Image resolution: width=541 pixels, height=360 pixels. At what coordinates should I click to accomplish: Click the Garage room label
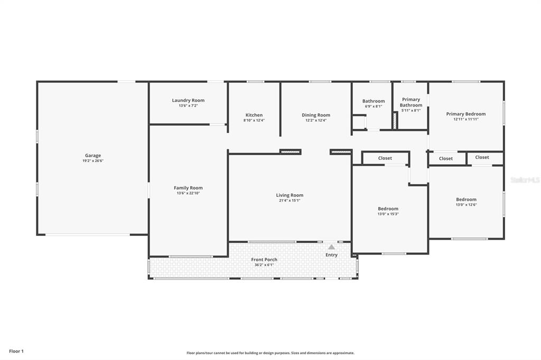(x=93, y=156)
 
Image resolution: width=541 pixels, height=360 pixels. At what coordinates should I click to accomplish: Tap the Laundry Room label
(x=188, y=100)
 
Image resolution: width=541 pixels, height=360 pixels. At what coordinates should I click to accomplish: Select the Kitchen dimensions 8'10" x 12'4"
(x=254, y=120)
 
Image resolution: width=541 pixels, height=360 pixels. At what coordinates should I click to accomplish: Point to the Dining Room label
(x=316, y=115)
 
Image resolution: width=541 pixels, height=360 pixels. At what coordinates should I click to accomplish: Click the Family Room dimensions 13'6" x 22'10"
(x=188, y=193)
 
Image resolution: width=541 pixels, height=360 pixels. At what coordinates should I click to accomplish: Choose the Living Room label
(x=290, y=195)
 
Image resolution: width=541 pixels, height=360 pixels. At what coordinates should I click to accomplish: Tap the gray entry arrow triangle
(x=331, y=247)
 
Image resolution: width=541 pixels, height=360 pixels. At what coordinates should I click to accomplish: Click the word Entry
(x=331, y=255)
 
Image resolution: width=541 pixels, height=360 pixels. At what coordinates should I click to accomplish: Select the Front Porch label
(x=264, y=260)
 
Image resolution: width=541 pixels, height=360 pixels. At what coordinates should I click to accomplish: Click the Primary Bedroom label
(x=465, y=114)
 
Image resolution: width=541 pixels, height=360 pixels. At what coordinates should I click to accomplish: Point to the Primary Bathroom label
(x=411, y=102)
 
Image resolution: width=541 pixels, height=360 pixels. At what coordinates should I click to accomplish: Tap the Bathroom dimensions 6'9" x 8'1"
(x=374, y=106)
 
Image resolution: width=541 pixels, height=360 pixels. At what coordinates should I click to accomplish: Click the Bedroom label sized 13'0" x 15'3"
(x=388, y=209)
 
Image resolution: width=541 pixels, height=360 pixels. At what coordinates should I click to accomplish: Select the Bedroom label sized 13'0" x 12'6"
(x=466, y=200)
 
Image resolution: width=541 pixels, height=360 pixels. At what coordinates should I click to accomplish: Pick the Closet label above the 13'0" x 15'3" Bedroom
(x=385, y=158)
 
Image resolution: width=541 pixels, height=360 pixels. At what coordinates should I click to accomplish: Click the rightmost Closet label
(x=482, y=157)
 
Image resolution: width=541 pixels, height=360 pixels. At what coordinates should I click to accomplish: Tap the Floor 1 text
(x=16, y=351)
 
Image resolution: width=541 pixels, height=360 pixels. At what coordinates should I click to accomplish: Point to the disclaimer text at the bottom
(x=270, y=353)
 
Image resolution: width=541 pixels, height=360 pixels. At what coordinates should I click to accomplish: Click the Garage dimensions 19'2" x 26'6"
(x=93, y=161)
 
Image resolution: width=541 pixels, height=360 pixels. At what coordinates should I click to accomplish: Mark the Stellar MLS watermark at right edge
(x=525, y=180)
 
